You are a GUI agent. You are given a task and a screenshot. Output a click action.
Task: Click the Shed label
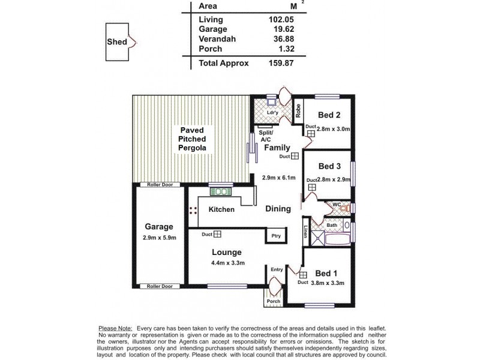pos(116,42)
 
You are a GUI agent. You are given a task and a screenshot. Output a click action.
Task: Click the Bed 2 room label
pos(329,115)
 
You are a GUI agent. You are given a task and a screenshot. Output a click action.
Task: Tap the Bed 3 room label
pos(329,166)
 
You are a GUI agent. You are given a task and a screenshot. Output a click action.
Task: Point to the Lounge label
pos(226,253)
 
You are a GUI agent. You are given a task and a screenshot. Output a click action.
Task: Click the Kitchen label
pos(221,209)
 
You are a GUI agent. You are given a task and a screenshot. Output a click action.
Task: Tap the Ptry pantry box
pos(275,236)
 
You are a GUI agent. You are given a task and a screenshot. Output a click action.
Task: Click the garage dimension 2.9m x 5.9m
pos(158,238)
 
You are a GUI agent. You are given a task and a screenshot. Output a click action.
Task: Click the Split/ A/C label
pos(265,136)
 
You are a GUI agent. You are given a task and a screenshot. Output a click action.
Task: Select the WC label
pos(337,205)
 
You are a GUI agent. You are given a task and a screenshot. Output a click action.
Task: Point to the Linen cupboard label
pos(305,232)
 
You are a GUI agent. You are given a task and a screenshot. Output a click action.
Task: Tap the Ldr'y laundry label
pos(272,112)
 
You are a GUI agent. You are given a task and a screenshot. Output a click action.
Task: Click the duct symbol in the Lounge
pos(217,235)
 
